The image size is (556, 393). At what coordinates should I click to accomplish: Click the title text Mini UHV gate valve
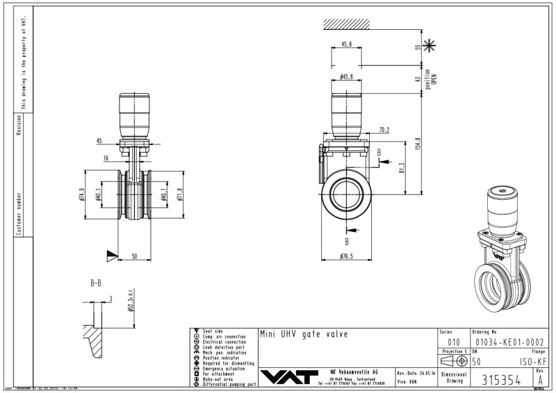tap(303, 334)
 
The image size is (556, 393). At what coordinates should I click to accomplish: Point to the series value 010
tap(453, 342)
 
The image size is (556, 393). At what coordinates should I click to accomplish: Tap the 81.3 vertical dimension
tap(402, 169)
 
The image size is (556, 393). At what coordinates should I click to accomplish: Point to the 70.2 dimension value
tap(384, 129)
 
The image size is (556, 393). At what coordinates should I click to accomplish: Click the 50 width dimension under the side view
tap(136, 256)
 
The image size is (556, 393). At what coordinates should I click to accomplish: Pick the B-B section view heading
tap(100, 284)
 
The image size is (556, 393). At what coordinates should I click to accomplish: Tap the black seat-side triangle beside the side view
tap(111, 256)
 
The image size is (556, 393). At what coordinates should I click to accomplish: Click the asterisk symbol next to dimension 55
tap(432, 47)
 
